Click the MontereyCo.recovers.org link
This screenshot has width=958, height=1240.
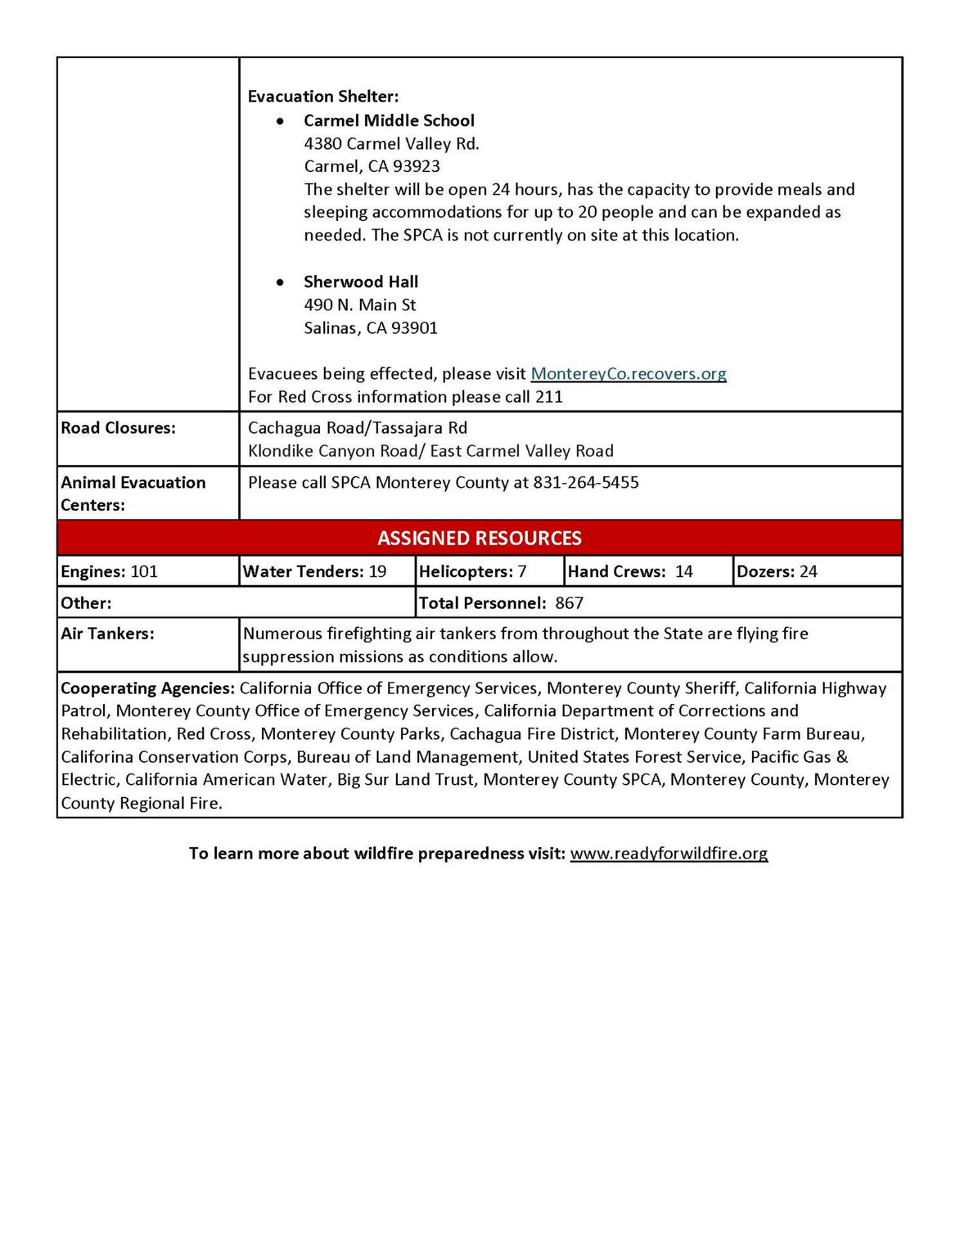point(628,374)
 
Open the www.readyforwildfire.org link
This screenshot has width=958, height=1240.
point(668,853)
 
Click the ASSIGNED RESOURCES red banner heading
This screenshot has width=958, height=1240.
point(479,538)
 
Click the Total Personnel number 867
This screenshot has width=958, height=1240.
point(569,603)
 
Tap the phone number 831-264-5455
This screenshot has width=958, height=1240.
point(586,482)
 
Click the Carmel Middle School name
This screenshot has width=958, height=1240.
point(389,120)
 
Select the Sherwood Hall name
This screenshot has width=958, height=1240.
point(361,281)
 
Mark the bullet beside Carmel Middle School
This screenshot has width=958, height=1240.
point(280,121)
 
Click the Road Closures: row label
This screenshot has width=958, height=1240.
point(118,428)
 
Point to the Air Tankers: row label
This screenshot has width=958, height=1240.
point(108,634)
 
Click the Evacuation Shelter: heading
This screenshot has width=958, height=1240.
point(323,97)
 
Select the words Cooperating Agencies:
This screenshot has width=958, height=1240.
point(147,688)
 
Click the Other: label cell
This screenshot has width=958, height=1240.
point(86,603)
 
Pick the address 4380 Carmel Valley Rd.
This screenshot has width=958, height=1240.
point(391,144)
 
